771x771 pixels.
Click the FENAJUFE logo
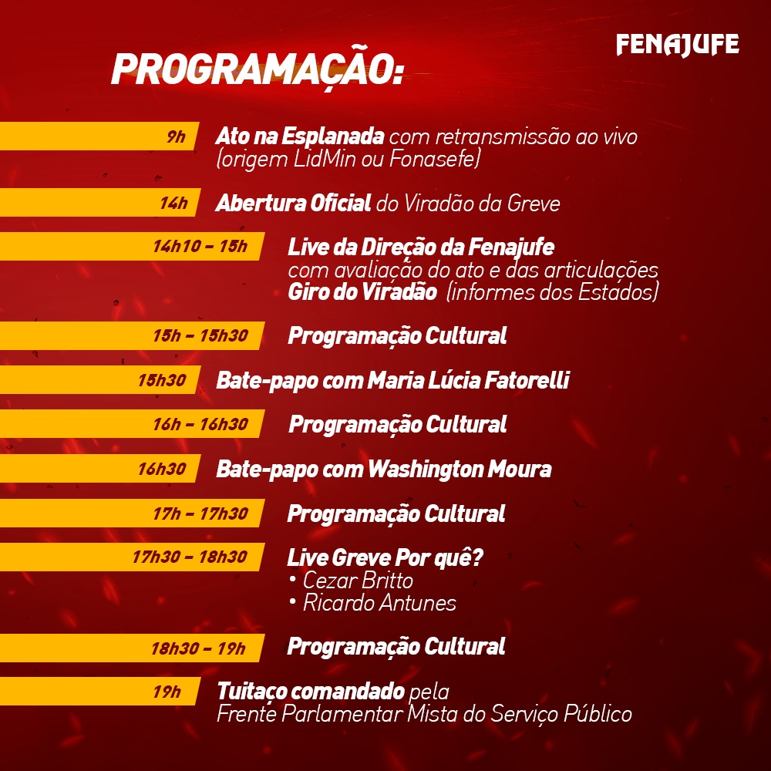point(677,45)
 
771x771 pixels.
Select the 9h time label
point(177,137)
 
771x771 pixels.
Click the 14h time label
point(173,204)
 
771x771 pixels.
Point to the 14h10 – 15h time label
point(200,247)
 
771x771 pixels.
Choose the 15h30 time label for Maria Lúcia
point(162,380)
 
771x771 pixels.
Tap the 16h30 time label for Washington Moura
point(162,469)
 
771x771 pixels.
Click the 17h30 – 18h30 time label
point(190,557)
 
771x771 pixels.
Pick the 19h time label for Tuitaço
point(166,692)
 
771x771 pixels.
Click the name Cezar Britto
point(358,580)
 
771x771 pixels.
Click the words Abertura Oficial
point(293,204)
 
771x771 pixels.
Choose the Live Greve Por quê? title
point(385,557)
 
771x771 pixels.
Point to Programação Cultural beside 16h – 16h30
point(397,424)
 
